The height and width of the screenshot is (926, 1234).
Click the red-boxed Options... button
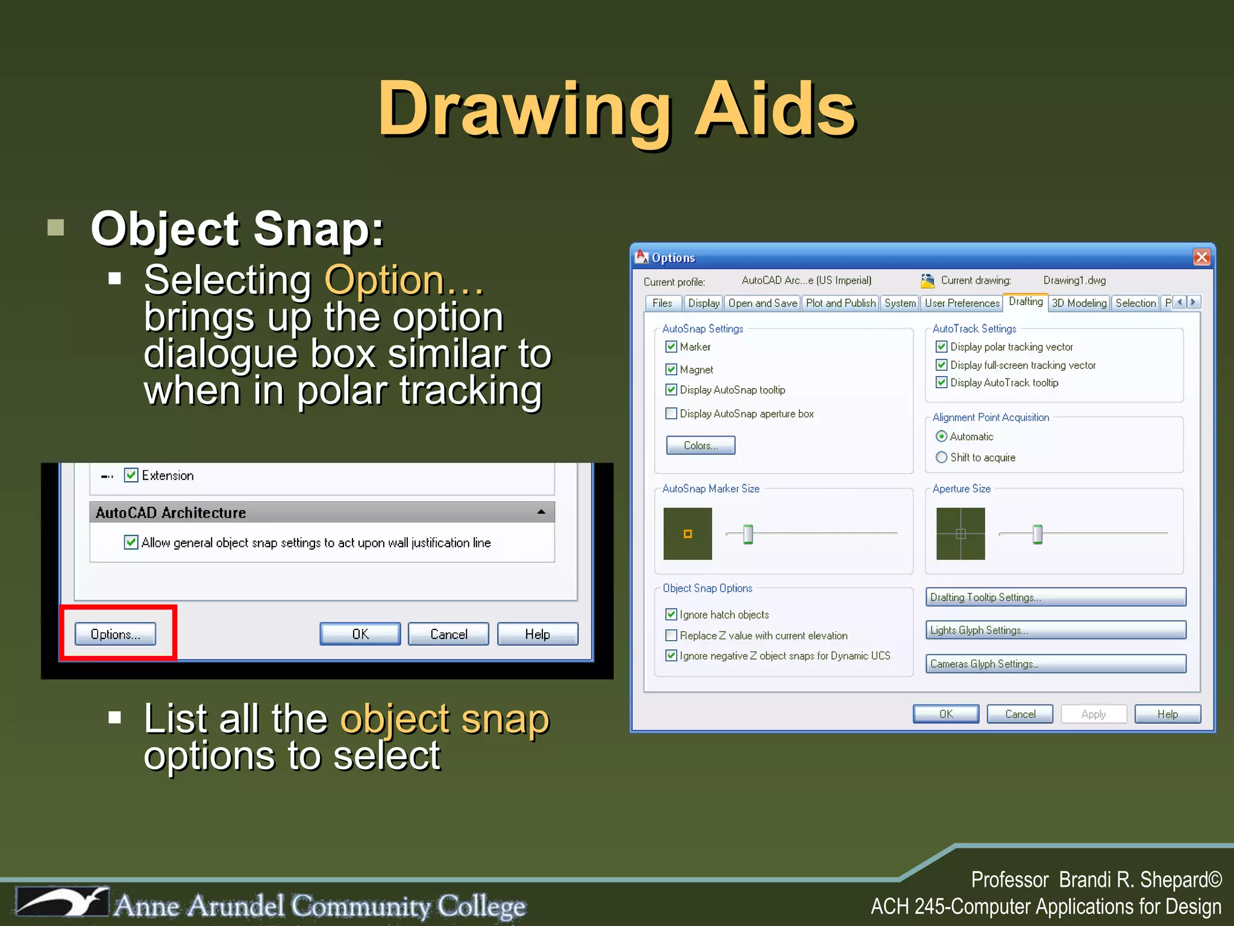click(x=115, y=634)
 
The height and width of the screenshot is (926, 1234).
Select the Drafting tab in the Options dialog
click(x=1026, y=301)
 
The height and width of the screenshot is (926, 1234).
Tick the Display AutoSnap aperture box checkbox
click(x=671, y=414)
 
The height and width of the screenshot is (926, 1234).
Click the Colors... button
click(x=700, y=446)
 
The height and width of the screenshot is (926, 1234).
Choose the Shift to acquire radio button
click(x=942, y=458)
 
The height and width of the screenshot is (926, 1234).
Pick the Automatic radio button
click(x=942, y=436)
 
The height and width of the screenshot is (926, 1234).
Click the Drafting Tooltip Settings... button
click(x=1056, y=597)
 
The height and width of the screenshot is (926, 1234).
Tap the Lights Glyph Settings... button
click(x=1056, y=630)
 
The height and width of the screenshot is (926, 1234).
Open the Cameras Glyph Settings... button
click(x=1056, y=664)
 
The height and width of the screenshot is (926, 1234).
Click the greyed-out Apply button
click(x=1093, y=714)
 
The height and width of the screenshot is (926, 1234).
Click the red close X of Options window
click(x=1201, y=257)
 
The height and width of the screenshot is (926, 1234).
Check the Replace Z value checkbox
click(x=671, y=635)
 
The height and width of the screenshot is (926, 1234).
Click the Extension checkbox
click(x=131, y=475)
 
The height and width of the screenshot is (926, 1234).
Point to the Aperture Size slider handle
click(x=1038, y=534)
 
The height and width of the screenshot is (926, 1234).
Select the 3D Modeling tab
click(x=1079, y=303)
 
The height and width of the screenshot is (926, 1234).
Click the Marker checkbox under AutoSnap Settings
click(x=671, y=347)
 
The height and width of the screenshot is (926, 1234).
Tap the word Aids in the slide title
click(x=775, y=110)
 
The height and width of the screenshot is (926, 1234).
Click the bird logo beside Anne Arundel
click(x=63, y=902)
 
